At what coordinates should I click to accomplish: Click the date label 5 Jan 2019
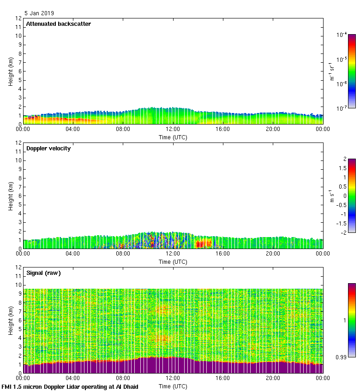(x=39, y=13)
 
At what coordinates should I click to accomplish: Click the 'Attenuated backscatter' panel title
(x=58, y=24)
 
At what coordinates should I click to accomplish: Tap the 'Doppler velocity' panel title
(x=48, y=148)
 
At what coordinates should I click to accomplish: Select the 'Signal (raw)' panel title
(x=43, y=273)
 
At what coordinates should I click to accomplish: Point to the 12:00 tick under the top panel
(x=173, y=130)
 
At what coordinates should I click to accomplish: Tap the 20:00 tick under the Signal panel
(x=273, y=378)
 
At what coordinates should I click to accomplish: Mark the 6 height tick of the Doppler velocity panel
(x=19, y=196)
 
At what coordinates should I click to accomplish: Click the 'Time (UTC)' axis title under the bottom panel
(x=173, y=386)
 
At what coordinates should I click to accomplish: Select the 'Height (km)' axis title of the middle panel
(x=10, y=196)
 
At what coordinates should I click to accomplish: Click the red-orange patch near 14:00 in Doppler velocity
(x=203, y=243)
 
